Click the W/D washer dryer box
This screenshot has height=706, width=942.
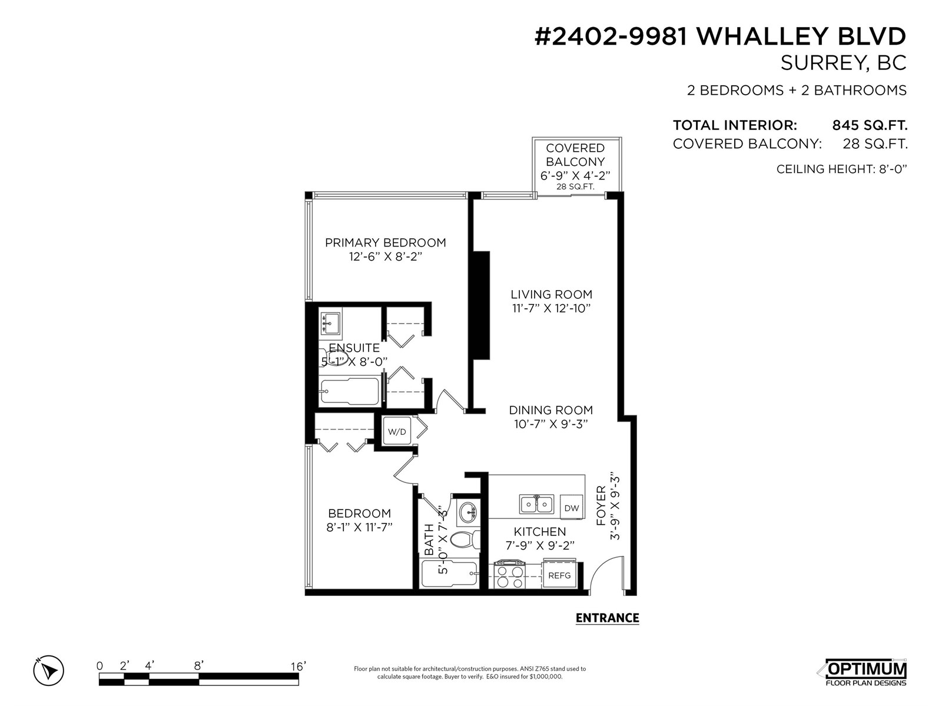(397, 432)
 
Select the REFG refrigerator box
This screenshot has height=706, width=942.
(559, 575)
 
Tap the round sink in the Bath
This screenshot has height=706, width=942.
(469, 512)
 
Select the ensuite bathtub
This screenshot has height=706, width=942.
(349, 391)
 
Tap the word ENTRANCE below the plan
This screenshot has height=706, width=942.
(607, 618)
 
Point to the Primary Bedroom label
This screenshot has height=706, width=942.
(385, 242)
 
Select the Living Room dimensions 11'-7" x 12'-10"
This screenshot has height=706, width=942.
(551, 308)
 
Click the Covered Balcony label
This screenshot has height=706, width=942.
(575, 155)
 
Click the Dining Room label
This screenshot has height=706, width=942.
(550, 410)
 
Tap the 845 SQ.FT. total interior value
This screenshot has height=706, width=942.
(870, 125)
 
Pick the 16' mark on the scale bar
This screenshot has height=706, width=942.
(298, 667)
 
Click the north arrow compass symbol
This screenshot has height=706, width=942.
(49, 670)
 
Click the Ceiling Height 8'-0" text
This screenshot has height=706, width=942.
(841, 169)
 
